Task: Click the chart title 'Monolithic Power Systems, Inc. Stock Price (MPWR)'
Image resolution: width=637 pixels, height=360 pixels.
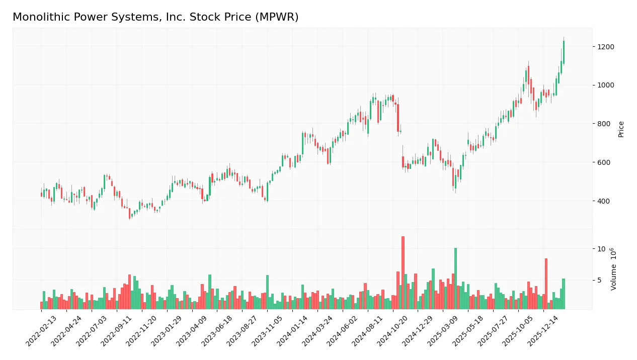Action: tap(155, 17)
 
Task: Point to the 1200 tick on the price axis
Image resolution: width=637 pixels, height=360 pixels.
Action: tap(605, 47)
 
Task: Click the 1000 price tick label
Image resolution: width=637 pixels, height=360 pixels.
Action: tap(605, 85)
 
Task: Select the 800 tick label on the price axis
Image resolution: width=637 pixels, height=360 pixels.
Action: tap(603, 124)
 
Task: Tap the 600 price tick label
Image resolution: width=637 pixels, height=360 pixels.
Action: tap(603, 162)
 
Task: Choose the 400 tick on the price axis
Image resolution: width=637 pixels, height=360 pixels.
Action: tap(603, 201)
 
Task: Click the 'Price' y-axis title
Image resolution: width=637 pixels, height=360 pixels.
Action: tap(621, 129)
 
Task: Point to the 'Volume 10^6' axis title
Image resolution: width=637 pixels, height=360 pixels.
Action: tap(614, 269)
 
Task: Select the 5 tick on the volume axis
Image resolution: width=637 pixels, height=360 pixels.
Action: tap(599, 280)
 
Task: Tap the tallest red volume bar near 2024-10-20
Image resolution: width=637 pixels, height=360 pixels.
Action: tap(403, 273)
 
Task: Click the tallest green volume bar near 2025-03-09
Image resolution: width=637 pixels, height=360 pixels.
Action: tap(455, 278)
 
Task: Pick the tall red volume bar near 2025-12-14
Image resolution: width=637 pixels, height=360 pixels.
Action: tap(546, 284)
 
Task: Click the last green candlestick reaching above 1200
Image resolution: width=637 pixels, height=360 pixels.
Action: tap(564, 52)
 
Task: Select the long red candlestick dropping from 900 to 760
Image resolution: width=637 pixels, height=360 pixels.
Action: tap(398, 118)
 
